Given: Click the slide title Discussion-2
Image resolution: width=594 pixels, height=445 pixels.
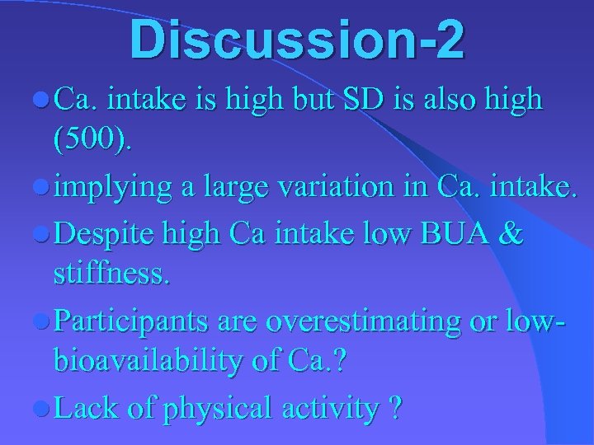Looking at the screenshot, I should (x=296, y=40).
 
